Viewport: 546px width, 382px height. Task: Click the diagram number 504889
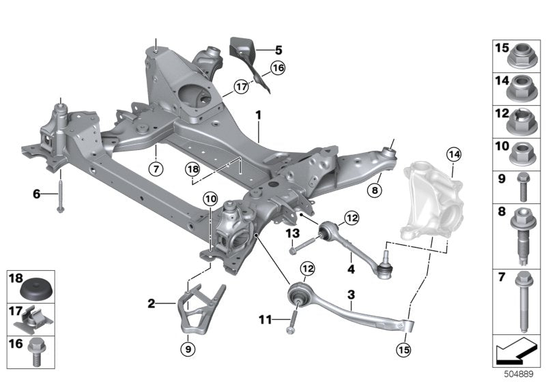pos(519,374)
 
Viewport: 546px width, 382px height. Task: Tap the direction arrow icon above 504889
pos(517,352)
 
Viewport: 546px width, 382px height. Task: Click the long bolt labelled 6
pos(61,194)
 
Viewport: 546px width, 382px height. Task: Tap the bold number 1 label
pos(259,116)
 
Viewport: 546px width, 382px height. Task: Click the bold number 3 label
pos(351,294)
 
